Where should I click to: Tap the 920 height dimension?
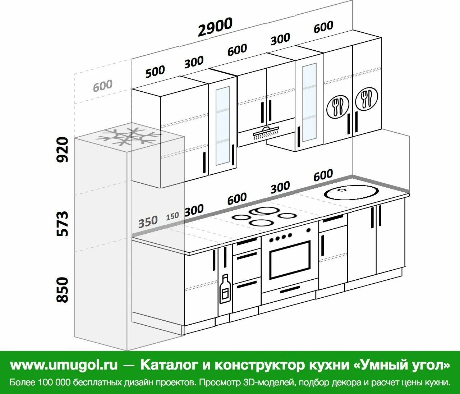(63, 149)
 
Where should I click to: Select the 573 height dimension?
(63, 223)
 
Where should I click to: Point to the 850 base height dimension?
(63, 290)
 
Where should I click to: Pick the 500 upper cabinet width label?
(155, 72)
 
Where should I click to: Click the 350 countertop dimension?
(148, 221)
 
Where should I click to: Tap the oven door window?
(290, 260)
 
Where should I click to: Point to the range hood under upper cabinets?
(266, 132)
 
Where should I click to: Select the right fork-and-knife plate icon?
(367, 98)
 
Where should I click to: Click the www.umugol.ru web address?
(64, 365)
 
